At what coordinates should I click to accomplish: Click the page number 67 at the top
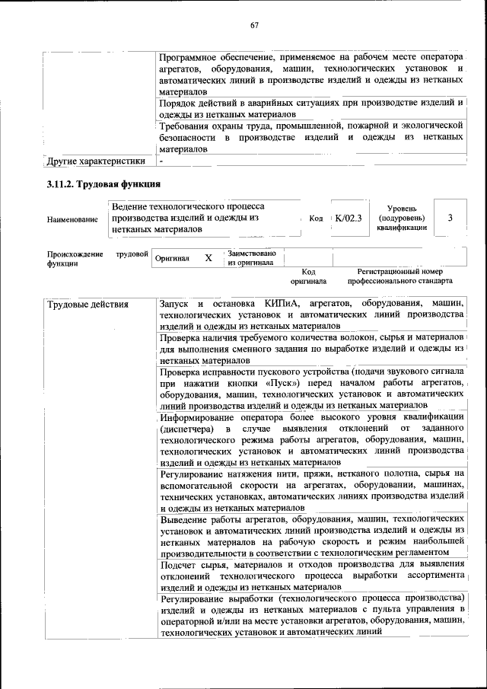pyautogui.click(x=255, y=26)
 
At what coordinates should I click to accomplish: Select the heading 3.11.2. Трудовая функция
pyautogui.click(x=103, y=184)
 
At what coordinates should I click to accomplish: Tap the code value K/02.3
pyautogui.click(x=348, y=219)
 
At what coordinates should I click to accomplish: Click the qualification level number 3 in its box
pyautogui.click(x=450, y=219)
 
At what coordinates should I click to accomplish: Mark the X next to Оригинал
pyautogui.click(x=208, y=258)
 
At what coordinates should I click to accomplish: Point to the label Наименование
pyautogui.click(x=72, y=219)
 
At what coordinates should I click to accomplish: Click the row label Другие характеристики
pyautogui.click(x=96, y=161)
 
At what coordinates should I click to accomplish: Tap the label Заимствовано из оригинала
pyautogui.click(x=252, y=257)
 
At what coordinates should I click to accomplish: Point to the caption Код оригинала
pyautogui.click(x=308, y=276)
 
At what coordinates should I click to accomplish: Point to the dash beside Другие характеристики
pyautogui.click(x=161, y=161)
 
